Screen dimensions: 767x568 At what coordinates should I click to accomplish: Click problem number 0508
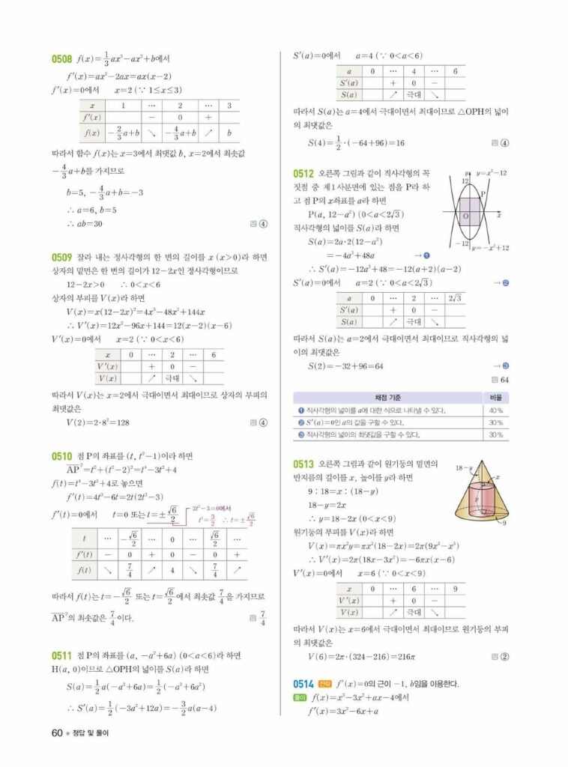(61, 58)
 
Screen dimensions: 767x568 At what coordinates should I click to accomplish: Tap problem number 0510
(61, 455)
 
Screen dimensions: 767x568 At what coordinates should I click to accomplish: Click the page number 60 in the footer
(56, 733)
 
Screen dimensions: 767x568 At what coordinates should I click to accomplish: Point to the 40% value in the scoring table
(495, 410)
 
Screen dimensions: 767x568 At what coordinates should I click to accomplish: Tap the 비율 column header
(495, 398)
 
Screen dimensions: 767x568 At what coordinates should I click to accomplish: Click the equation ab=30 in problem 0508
(85, 223)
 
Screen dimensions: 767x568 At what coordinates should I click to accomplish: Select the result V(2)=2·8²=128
(98, 422)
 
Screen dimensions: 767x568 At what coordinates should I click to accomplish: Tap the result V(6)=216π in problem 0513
(362, 657)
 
